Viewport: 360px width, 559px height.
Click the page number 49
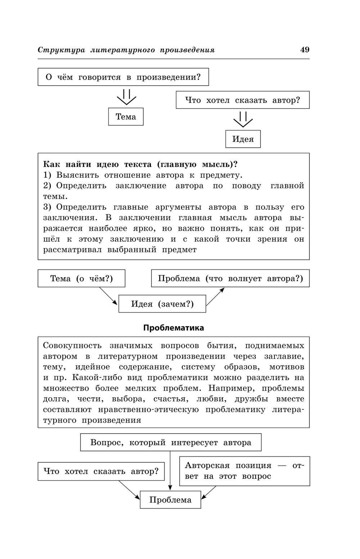coord(305,50)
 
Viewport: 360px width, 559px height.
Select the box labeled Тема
coord(126,117)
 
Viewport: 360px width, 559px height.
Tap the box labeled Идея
coord(243,139)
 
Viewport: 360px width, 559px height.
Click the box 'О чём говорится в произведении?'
coord(123,77)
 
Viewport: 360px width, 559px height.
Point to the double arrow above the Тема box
coord(126,97)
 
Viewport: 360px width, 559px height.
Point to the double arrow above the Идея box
coord(243,120)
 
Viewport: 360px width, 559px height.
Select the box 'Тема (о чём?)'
coord(81,278)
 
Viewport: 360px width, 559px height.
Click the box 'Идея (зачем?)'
coord(162,304)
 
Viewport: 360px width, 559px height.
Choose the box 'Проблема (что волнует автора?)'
coord(230,278)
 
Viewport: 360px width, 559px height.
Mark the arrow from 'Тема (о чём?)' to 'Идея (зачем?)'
coord(108,296)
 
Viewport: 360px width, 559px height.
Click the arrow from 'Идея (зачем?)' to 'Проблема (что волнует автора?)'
coord(215,296)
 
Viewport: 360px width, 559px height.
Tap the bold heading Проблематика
coord(174,328)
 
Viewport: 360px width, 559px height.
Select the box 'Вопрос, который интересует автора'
coord(171,442)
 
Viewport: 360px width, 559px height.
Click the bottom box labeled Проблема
coord(170,500)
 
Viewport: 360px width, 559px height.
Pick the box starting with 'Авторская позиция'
coord(244,471)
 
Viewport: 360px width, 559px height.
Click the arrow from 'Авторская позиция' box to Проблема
coord(209,492)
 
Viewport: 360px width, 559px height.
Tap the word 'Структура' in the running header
coord(61,50)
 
